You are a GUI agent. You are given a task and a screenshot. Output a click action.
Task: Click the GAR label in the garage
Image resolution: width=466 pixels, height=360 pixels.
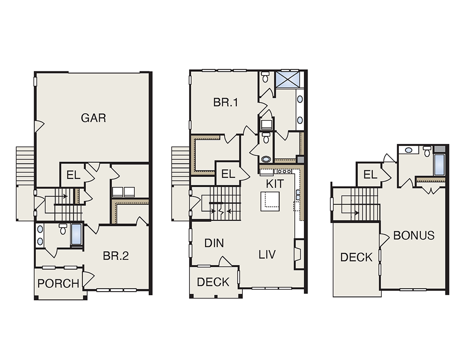click(93, 118)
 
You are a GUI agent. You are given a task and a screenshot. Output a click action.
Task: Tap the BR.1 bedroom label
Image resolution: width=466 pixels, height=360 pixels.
click(226, 102)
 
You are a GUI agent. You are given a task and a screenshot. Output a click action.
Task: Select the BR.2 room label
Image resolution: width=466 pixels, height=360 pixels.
click(116, 256)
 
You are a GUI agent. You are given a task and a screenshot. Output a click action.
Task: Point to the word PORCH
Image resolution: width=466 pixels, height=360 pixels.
click(58, 283)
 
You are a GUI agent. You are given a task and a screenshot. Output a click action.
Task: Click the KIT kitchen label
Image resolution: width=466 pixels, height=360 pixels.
click(275, 184)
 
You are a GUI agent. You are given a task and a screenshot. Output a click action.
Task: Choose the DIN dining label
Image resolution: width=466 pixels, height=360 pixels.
click(214, 243)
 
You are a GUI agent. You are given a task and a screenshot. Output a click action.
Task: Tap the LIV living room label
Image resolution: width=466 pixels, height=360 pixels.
click(267, 255)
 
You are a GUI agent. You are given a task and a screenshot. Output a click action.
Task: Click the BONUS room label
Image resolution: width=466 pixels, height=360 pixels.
click(414, 236)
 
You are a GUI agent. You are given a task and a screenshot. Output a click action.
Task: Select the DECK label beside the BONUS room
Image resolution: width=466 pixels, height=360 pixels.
click(356, 257)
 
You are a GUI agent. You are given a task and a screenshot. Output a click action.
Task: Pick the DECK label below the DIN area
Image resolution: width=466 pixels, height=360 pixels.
click(213, 282)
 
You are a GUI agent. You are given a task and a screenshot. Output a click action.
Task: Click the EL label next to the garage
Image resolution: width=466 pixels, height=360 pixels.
click(73, 175)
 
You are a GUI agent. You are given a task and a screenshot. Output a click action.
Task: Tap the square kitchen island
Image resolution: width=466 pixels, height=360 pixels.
click(270, 201)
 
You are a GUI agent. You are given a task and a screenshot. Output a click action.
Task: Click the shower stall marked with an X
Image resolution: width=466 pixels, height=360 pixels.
click(288, 79)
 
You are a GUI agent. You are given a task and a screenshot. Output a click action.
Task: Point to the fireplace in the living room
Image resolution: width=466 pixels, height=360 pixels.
click(298, 254)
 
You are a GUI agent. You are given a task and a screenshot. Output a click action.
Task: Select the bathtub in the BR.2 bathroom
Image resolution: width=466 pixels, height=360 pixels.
click(76, 235)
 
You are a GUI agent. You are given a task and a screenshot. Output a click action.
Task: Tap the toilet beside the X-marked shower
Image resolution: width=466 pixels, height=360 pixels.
click(266, 77)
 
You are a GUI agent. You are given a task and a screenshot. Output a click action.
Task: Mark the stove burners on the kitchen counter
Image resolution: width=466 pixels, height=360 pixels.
click(284, 171)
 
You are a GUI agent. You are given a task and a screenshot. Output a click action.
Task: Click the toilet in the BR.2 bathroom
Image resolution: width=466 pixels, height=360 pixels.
click(63, 229)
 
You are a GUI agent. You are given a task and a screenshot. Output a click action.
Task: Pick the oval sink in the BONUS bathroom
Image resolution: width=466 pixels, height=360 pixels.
click(409, 150)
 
